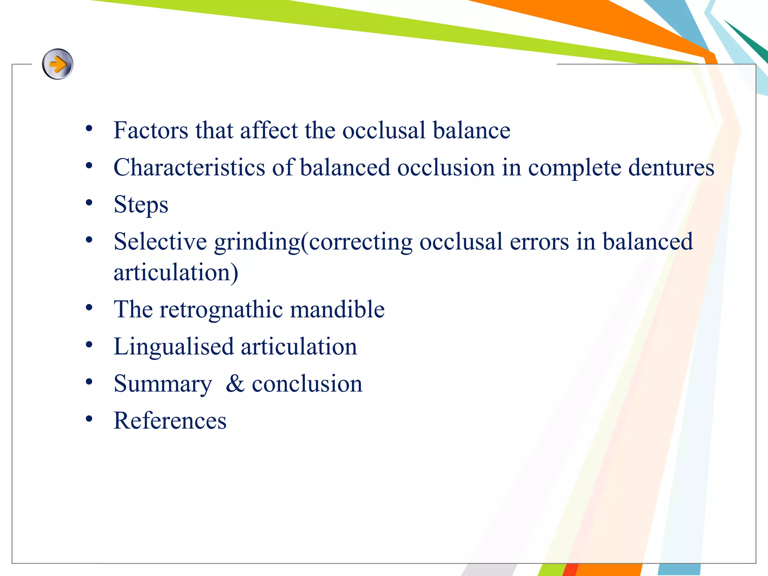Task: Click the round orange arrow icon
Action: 57,64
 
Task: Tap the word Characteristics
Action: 189,167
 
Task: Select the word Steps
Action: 141,205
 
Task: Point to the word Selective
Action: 160,241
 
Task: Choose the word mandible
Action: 337,309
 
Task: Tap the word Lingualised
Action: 174,346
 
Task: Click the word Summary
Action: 163,384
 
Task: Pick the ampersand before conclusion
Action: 235,384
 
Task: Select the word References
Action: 170,421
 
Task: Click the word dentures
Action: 671,167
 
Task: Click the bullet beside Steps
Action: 89,203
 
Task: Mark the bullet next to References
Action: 89,418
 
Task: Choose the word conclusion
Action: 307,384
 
